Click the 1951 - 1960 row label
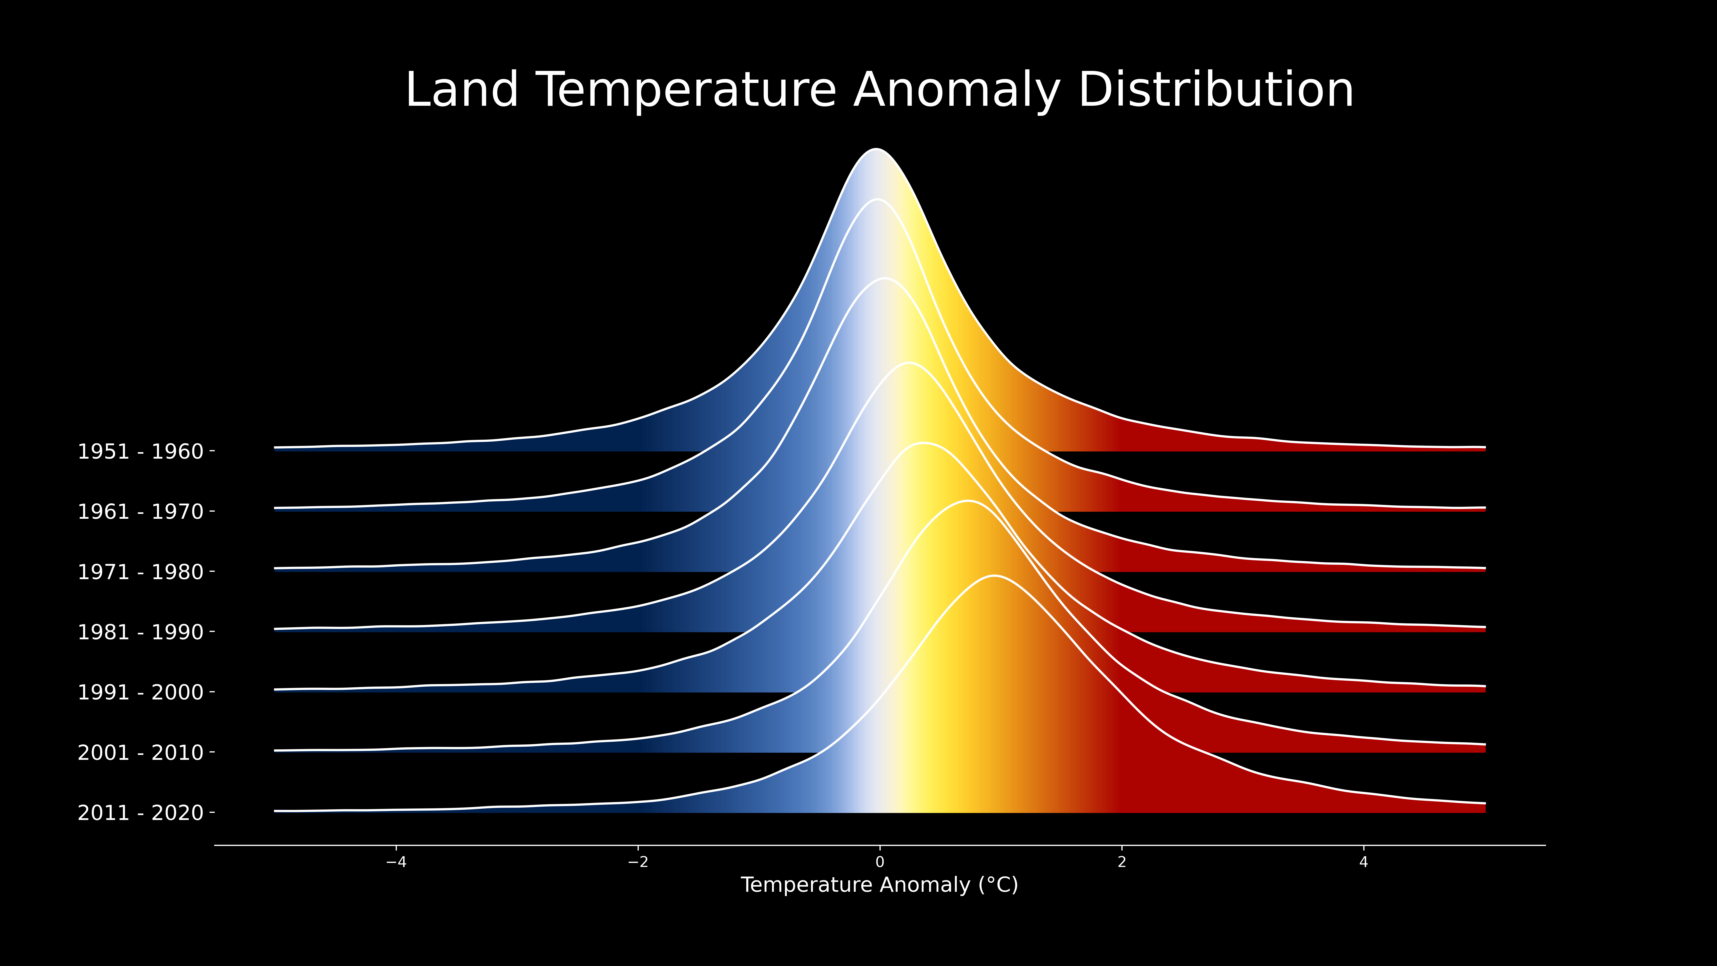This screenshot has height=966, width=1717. [x=141, y=452]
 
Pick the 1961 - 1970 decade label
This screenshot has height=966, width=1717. [x=141, y=512]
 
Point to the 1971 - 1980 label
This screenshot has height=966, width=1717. [x=141, y=572]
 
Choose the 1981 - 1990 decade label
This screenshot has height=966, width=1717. [x=141, y=632]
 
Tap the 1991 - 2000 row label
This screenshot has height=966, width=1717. [x=141, y=693]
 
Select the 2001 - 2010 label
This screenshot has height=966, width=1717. [x=141, y=753]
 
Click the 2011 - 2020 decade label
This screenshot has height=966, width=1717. [x=141, y=813]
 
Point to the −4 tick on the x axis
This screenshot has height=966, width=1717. [x=396, y=862]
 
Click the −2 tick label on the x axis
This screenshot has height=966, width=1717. [x=638, y=862]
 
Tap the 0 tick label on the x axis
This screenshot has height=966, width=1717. [x=880, y=862]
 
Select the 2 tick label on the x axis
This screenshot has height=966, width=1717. [x=1122, y=862]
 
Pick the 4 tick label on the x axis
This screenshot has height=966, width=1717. [x=1364, y=862]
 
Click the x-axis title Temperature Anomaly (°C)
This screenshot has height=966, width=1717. [x=880, y=885]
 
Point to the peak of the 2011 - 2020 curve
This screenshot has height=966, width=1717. [x=994, y=575]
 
